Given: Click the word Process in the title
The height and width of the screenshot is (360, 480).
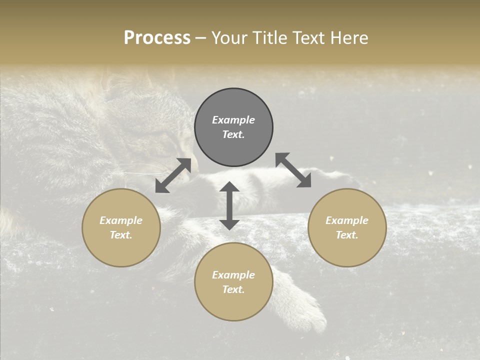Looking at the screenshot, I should pyautogui.click(x=157, y=38).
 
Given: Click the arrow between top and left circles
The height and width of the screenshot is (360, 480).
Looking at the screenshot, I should pyautogui.click(x=173, y=175).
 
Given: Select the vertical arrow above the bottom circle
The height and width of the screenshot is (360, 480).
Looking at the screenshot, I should pyautogui.click(x=229, y=205).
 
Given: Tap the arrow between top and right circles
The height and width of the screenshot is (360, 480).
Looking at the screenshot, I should pyautogui.click(x=293, y=170).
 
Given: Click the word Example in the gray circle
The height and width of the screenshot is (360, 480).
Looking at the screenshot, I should pyautogui.click(x=233, y=120).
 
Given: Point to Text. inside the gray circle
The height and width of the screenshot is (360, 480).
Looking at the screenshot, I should pyautogui.click(x=233, y=134).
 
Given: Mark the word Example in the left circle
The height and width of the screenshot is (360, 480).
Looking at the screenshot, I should pyautogui.click(x=121, y=220).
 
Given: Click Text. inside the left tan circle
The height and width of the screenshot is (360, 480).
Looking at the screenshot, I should pyautogui.click(x=121, y=235).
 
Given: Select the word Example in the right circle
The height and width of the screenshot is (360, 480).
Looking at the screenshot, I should pyautogui.click(x=347, y=220).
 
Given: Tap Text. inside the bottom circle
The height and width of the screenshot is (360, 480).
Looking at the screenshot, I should pyautogui.click(x=233, y=289).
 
